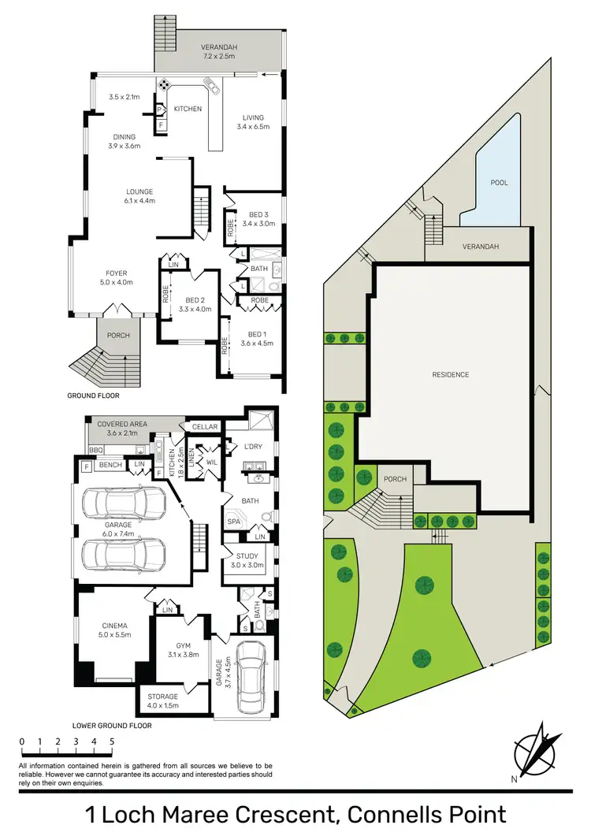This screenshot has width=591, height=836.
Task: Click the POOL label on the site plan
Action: click(499, 182)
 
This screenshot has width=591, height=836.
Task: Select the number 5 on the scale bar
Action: click(112, 741)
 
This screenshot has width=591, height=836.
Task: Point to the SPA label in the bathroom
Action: click(233, 522)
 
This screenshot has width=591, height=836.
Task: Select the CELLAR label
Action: click(205, 427)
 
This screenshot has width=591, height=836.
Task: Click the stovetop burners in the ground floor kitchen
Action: click(165, 85)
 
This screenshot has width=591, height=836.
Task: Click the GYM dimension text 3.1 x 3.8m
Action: click(182, 654)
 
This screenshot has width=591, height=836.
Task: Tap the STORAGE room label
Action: click(163, 697)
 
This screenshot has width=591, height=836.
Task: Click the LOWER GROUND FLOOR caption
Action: click(112, 725)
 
